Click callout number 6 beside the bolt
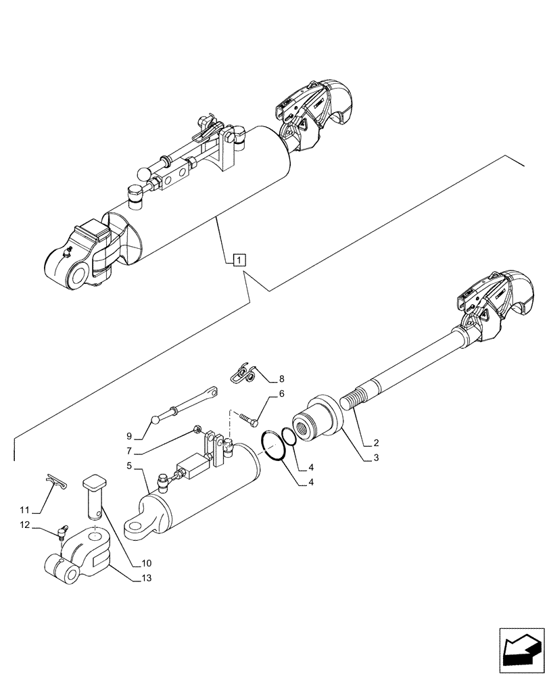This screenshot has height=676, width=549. [x=282, y=393]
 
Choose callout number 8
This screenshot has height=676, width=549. [x=282, y=379]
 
